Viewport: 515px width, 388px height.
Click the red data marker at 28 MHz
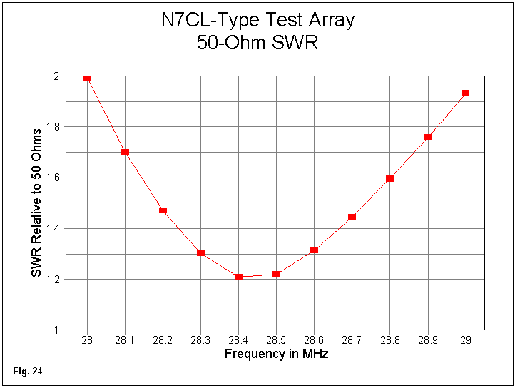point(87,78)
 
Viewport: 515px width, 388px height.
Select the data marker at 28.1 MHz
point(125,152)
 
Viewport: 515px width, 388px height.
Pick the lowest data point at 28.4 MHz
point(238,277)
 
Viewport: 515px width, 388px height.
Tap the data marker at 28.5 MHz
point(276,274)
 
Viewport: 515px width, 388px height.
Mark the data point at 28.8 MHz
point(389,178)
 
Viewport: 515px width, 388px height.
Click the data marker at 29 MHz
point(465,93)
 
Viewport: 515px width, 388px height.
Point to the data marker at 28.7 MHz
point(352,216)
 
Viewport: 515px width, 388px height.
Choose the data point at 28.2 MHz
point(163,210)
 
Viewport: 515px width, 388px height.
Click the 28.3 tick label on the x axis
point(200,342)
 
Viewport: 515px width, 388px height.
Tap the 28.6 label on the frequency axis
point(314,342)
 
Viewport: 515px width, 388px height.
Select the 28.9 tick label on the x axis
point(427,342)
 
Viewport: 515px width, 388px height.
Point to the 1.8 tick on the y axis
point(55,127)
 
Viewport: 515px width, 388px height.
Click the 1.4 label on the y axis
point(55,229)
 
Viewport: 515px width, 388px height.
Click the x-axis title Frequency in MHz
point(276,354)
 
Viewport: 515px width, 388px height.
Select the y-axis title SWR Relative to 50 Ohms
point(36,203)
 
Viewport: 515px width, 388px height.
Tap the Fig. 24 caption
point(28,372)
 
